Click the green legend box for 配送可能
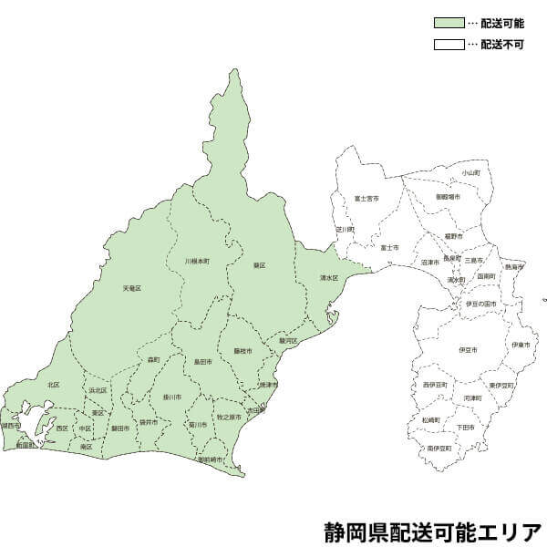point(448,22)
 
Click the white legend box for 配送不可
point(448,44)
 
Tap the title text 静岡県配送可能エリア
point(431,531)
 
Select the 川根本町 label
point(197,261)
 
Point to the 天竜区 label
point(132,288)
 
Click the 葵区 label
point(259,265)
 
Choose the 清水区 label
point(328,277)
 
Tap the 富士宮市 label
point(366,198)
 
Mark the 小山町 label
point(470,172)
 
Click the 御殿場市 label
point(448,197)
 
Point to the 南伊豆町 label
point(439,449)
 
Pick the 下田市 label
point(465,427)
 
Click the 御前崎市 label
point(211,459)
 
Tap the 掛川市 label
point(172,397)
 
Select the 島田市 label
point(203,361)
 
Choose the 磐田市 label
point(120,427)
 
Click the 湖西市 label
point(12,425)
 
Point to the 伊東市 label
point(520,345)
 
